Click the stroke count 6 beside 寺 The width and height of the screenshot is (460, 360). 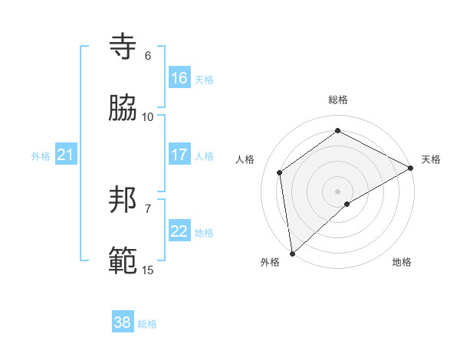[148, 56]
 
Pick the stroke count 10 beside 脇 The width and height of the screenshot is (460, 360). [148, 116]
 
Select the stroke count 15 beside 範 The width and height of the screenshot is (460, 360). [148, 270]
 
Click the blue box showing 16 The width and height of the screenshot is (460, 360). [179, 78]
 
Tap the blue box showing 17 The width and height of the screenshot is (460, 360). [179, 155]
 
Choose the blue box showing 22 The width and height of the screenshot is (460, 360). [179, 231]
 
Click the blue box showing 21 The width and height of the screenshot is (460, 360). [66, 155]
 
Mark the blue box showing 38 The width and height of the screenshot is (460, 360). [123, 323]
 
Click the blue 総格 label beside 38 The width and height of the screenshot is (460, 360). [148, 324]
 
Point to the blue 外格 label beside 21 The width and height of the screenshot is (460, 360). [41, 156]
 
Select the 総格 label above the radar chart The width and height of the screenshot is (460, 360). [338, 100]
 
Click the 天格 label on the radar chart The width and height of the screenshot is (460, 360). [431, 159]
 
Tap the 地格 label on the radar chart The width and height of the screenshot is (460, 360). [402, 262]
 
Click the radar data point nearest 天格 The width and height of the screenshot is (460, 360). [411, 168]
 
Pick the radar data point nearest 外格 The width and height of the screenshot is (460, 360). [292, 253]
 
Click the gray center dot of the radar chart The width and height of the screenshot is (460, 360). [338, 190]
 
